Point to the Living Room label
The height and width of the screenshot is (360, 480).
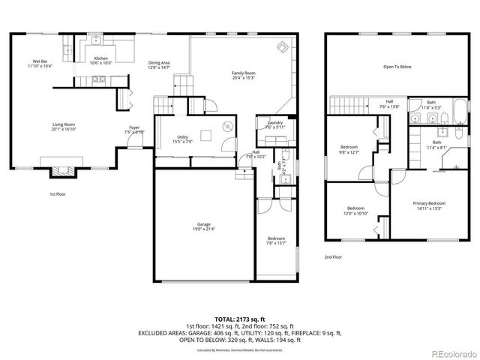pyautogui.click(x=65, y=126)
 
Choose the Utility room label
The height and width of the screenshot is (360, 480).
pyautogui.click(x=183, y=139)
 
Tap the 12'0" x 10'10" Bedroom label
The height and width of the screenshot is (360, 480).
pyautogui.click(x=355, y=210)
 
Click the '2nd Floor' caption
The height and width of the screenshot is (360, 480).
pyautogui.click(x=333, y=256)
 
